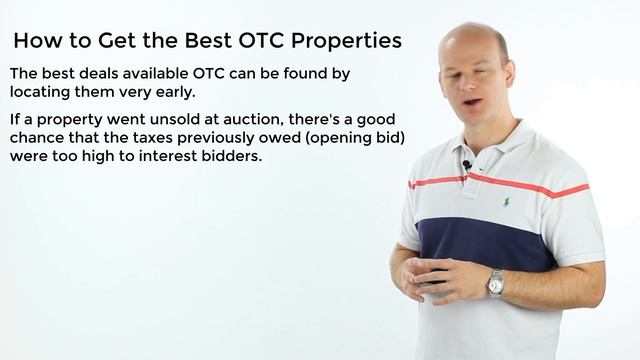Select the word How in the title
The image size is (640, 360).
(x=36, y=41)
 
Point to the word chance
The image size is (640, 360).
(x=39, y=138)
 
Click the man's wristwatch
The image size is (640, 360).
(x=495, y=284)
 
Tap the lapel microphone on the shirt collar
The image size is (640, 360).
(x=467, y=165)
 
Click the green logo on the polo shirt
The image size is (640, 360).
(x=506, y=201)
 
